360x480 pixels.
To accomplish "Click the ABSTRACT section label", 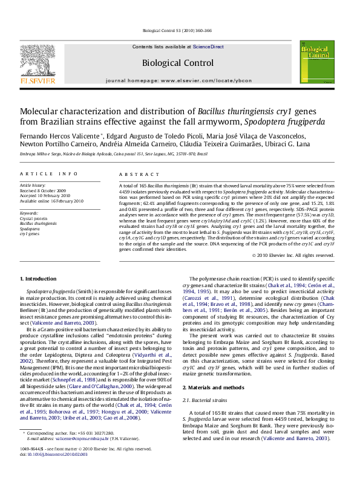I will [x=136, y=174].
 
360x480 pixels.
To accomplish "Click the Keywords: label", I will [x=30, y=213].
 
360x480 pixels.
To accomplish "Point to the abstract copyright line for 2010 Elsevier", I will [x=293, y=256].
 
